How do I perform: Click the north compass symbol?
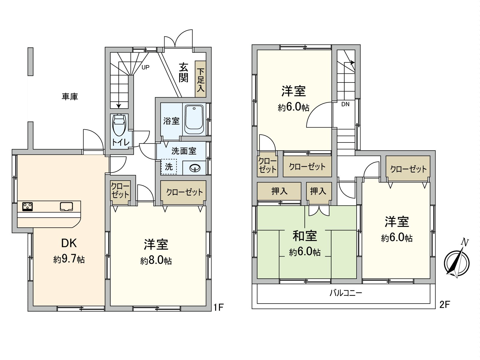(x=457, y=260)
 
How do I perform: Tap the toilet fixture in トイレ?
(x=119, y=125)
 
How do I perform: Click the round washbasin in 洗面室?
(x=195, y=168)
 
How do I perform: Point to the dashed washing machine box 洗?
(x=169, y=166)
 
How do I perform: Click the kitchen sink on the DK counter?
(x=66, y=206)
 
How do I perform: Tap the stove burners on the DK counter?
(x=28, y=206)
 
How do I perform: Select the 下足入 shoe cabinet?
(x=200, y=79)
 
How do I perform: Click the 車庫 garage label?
(x=70, y=97)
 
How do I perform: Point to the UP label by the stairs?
(x=145, y=67)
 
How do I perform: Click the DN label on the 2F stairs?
(x=346, y=104)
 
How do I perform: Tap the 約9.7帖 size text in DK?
(x=69, y=259)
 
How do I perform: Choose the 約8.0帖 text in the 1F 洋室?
(x=156, y=260)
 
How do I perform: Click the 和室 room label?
(x=305, y=236)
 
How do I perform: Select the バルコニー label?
(x=346, y=293)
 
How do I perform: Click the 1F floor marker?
(x=219, y=307)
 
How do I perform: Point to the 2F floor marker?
(x=445, y=305)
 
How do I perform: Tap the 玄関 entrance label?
(x=183, y=72)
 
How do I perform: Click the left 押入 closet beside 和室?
(x=279, y=191)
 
